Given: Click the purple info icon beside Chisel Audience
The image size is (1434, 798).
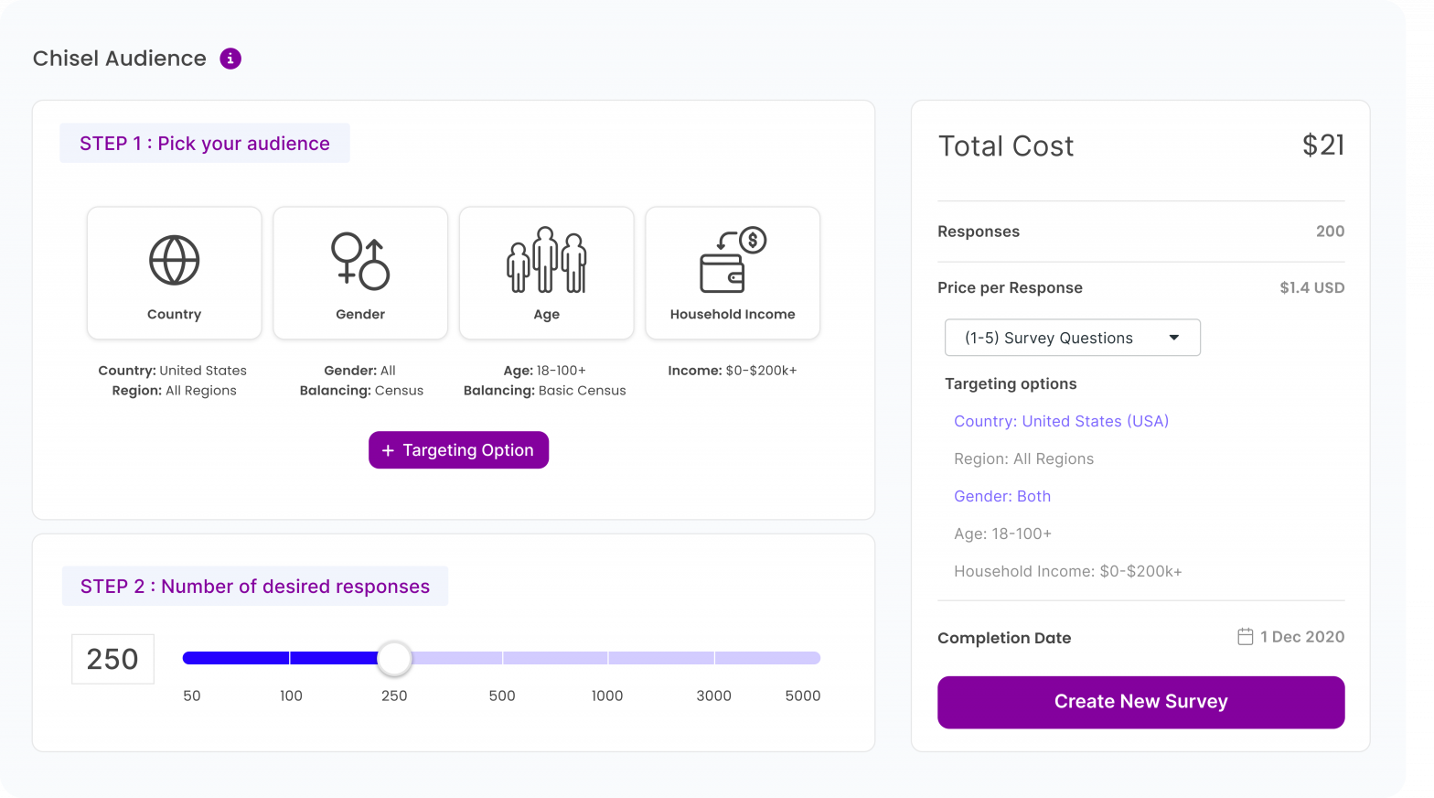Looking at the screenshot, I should (x=230, y=59).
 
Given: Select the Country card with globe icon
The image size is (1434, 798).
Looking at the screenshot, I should (x=175, y=273).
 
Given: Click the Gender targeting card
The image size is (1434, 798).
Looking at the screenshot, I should (x=360, y=273).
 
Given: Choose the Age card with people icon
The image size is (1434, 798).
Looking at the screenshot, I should (x=546, y=273).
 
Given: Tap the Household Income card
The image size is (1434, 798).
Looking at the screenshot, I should (x=733, y=273).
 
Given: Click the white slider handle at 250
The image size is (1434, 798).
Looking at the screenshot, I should (x=394, y=658).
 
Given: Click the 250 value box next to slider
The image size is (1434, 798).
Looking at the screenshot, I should (x=112, y=659).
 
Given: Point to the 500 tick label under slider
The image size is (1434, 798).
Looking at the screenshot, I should (x=501, y=696).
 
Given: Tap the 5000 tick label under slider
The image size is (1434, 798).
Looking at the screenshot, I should (x=802, y=696).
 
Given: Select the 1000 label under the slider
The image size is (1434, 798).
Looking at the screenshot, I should (x=607, y=696).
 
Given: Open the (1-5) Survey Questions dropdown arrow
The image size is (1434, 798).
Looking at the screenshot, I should (x=1173, y=338).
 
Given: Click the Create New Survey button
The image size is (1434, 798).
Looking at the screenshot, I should (x=1140, y=702).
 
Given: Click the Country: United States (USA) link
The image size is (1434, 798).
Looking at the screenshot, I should (x=1061, y=421).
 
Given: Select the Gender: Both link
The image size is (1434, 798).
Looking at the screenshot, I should (x=1002, y=496).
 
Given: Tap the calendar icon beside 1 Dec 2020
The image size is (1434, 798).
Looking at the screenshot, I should (x=1245, y=636).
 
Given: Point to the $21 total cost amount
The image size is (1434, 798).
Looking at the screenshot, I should (x=1322, y=146).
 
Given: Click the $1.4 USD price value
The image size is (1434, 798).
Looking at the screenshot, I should (x=1311, y=287).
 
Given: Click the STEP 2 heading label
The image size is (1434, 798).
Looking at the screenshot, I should (x=254, y=587).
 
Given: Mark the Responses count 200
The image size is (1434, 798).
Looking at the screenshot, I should (x=1330, y=232).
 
